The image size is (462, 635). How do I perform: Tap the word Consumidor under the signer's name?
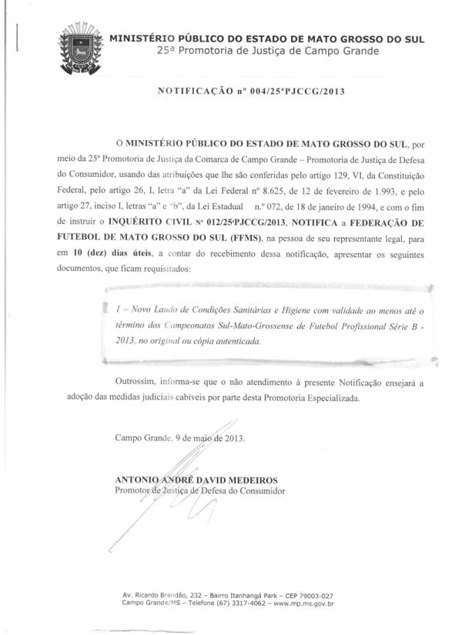pyautogui.click(x=259, y=490)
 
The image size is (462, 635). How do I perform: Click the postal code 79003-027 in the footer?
pyautogui.click(x=311, y=596)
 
